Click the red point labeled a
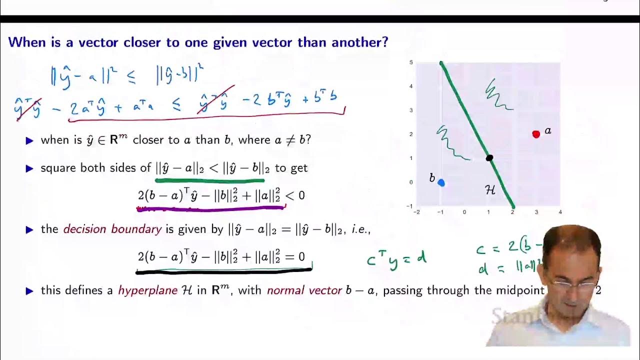536,134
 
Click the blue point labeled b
441,182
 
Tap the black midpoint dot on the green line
489,158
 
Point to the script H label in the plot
490,189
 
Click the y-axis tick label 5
411,62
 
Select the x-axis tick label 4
560,212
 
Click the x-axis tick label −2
416,212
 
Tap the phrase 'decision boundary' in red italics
112,229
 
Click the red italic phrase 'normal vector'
304,290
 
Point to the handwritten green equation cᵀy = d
396,260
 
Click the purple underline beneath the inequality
210,208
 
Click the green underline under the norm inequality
209,180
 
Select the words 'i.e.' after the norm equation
359,229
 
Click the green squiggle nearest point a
497,95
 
